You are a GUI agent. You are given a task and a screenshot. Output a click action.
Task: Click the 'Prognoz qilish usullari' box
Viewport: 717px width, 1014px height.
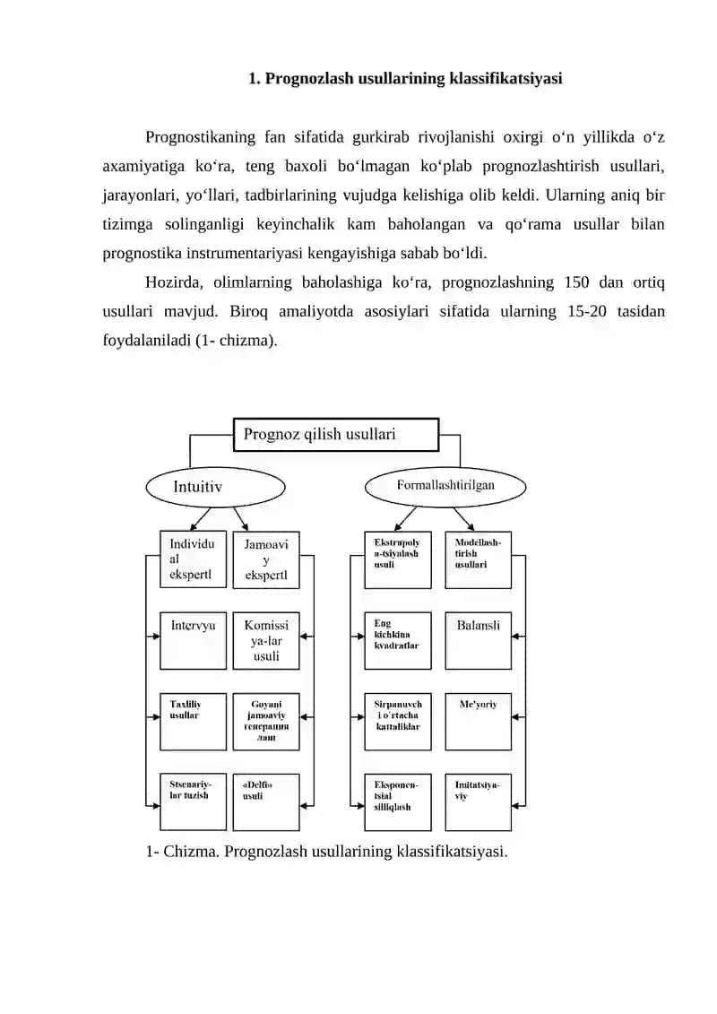pyautogui.click(x=335, y=434)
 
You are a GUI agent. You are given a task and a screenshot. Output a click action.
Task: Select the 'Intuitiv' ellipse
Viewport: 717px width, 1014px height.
pyautogui.click(x=215, y=487)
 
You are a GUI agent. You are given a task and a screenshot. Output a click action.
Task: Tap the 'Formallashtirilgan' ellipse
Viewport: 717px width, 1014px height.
pyautogui.click(x=445, y=486)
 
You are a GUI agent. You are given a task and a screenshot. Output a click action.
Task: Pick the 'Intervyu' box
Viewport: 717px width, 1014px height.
pyautogui.click(x=194, y=640)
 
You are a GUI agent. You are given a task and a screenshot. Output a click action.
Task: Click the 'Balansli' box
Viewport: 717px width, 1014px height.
pyautogui.click(x=478, y=640)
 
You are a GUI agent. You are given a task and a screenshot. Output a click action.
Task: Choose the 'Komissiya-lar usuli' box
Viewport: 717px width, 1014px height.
pyautogui.click(x=265, y=640)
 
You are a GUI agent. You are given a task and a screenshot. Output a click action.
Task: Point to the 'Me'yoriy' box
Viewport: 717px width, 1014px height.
pyautogui.click(x=478, y=722)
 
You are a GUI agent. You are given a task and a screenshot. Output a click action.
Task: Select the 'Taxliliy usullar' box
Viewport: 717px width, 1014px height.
pyautogui.click(x=194, y=722)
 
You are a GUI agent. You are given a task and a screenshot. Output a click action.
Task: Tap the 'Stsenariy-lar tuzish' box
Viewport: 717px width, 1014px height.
pyautogui.click(x=194, y=802)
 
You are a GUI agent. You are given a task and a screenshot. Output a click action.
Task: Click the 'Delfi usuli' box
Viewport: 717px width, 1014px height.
pyautogui.click(x=265, y=802)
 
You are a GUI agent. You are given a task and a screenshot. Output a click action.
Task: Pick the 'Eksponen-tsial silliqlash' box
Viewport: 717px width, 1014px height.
pyautogui.click(x=398, y=802)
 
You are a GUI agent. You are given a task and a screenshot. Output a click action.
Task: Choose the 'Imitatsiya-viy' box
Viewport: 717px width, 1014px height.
pyautogui.click(x=478, y=802)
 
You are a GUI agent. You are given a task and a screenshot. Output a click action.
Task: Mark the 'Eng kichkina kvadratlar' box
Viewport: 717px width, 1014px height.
pyautogui.click(x=398, y=640)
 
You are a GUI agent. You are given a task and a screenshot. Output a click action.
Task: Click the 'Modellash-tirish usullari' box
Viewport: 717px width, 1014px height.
pyautogui.click(x=478, y=559)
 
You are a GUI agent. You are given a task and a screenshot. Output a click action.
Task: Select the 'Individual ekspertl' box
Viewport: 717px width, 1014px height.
pyautogui.click(x=194, y=559)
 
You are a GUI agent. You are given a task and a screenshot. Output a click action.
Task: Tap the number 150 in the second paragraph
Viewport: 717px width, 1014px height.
pyautogui.click(x=576, y=282)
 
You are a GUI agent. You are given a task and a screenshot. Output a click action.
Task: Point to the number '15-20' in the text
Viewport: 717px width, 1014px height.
pyautogui.click(x=587, y=312)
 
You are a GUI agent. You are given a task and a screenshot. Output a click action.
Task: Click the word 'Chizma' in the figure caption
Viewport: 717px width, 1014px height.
pyautogui.click(x=191, y=852)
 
